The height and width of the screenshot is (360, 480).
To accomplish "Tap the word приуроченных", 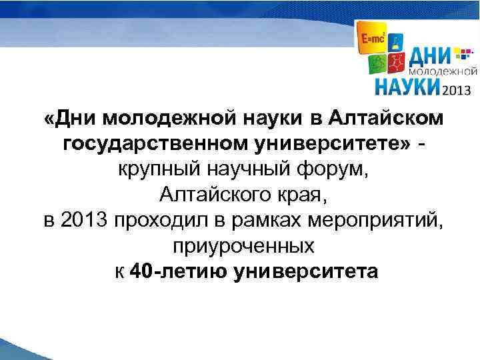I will [243, 246].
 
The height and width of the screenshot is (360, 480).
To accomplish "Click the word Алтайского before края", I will [213, 195].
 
